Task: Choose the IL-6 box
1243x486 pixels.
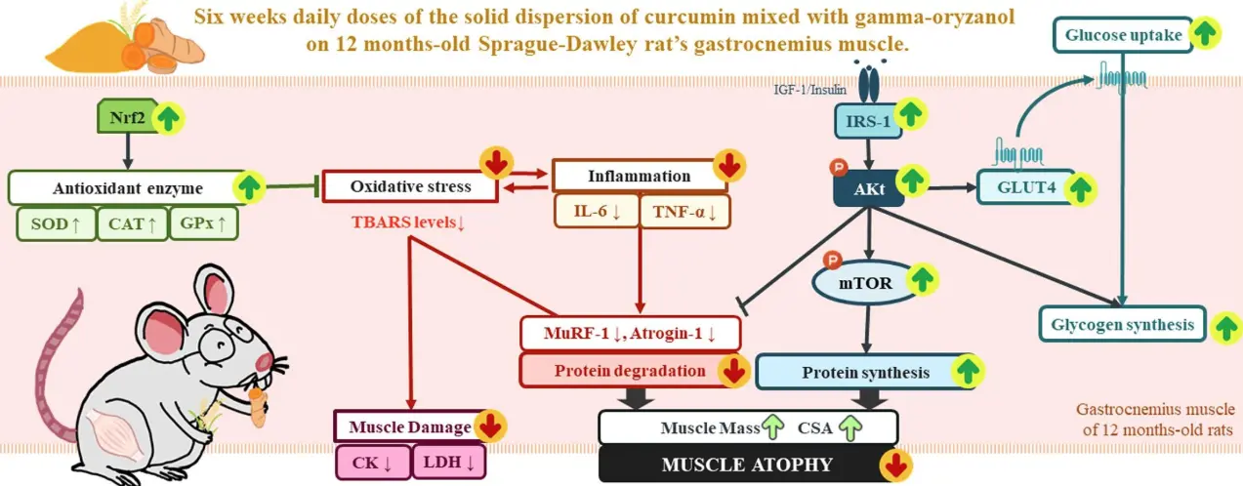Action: click(594, 211)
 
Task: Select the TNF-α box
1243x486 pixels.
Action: click(684, 211)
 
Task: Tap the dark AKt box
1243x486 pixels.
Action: click(864, 187)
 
